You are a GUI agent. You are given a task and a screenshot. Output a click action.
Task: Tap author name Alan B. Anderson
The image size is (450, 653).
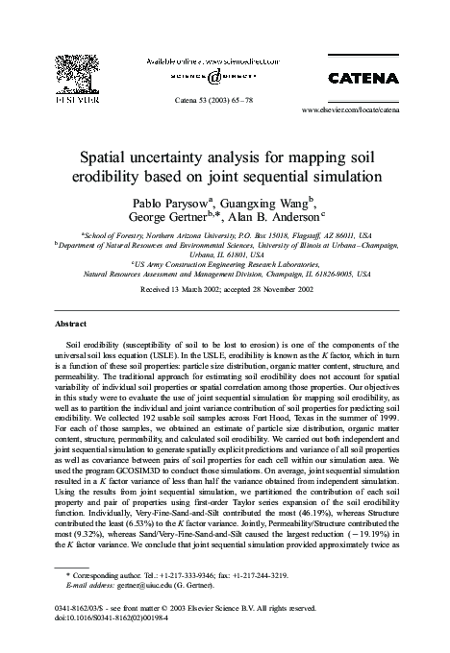coord(285,220)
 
